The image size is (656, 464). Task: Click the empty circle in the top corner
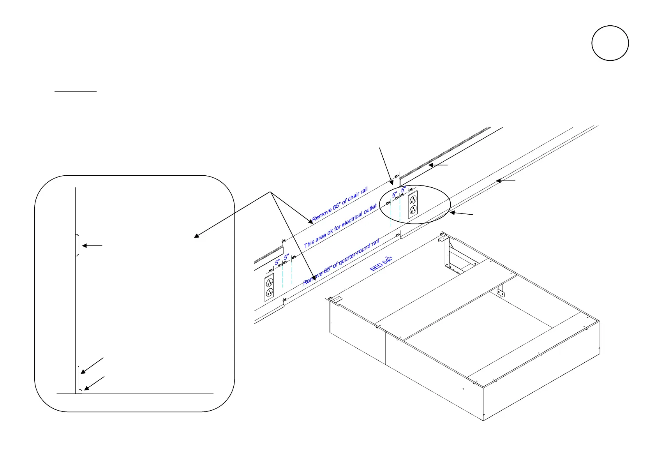coord(610,43)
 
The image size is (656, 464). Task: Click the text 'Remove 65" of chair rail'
coord(340,205)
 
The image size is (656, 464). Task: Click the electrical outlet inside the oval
coord(413,204)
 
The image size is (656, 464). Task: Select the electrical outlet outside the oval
coord(269,287)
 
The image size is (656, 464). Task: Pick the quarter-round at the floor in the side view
coord(79,391)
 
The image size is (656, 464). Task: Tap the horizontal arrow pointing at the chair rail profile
coord(92,246)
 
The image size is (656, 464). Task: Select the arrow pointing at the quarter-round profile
coord(94,383)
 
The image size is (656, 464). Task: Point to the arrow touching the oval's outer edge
coord(461,213)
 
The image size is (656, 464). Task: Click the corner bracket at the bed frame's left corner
coord(335,299)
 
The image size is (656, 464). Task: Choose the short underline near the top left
coord(75,91)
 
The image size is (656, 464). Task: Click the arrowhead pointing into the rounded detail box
coord(196,236)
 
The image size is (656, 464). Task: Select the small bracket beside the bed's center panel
coord(501,292)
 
